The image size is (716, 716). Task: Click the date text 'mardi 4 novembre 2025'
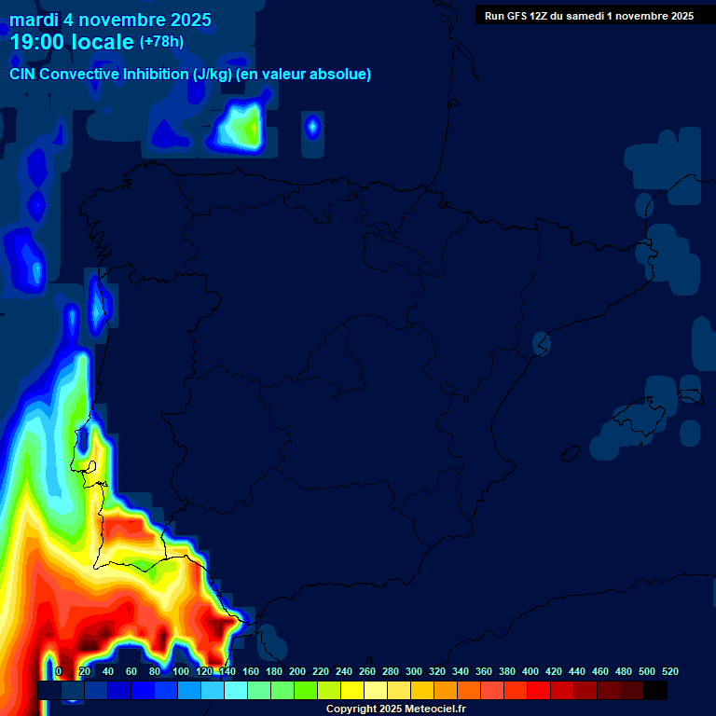[x=110, y=20]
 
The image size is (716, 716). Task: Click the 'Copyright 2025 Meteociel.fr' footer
[x=394, y=709]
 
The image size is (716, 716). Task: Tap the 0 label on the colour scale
[x=59, y=671]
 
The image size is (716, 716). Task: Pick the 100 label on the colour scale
[x=180, y=671]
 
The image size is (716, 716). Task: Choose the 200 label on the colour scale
[x=297, y=671]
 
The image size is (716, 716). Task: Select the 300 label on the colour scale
[x=414, y=671]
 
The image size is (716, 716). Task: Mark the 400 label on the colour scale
[x=530, y=671]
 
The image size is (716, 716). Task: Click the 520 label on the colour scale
[x=669, y=671]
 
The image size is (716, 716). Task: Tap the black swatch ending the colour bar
[x=655, y=691]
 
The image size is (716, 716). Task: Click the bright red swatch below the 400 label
[x=539, y=691]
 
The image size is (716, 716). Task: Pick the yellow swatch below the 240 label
[x=352, y=691]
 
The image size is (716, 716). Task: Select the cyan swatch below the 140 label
[x=236, y=691]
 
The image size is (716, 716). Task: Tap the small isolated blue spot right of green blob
[x=312, y=126]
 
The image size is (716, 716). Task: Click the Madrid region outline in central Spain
[x=336, y=359]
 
